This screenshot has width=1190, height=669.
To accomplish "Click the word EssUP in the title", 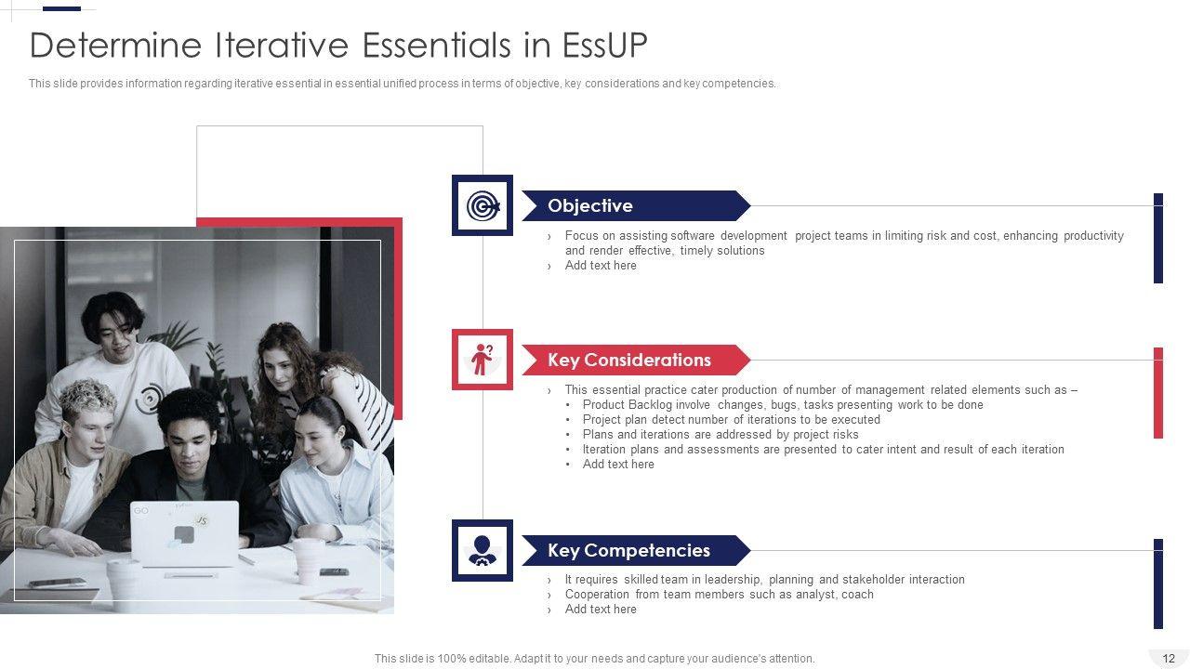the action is pos(604,45).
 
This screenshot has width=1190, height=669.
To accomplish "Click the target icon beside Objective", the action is pos(483,205).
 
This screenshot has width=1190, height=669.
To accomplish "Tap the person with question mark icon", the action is pos(483,360).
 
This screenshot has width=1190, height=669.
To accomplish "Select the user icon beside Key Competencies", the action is pos(483,550).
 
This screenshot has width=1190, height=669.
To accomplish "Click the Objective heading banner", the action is pos(636,205).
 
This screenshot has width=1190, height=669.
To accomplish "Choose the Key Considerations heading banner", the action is pos(636,360).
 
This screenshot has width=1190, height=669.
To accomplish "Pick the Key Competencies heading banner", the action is pos(636,551).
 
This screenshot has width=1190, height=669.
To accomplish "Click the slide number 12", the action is pos(1169,659).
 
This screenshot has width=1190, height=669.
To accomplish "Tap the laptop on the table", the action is pos(184,533).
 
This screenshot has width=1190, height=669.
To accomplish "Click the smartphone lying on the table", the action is pos(58,583).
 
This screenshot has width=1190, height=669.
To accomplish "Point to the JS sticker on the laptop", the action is pos(201,520).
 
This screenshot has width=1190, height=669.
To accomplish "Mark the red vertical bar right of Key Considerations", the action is pos(1158,393).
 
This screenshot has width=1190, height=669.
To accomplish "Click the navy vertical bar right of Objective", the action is pos(1158,239).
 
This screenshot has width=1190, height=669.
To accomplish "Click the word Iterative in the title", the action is pos(282,45).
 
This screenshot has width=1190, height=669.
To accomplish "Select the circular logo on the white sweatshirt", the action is pos(150,399).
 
